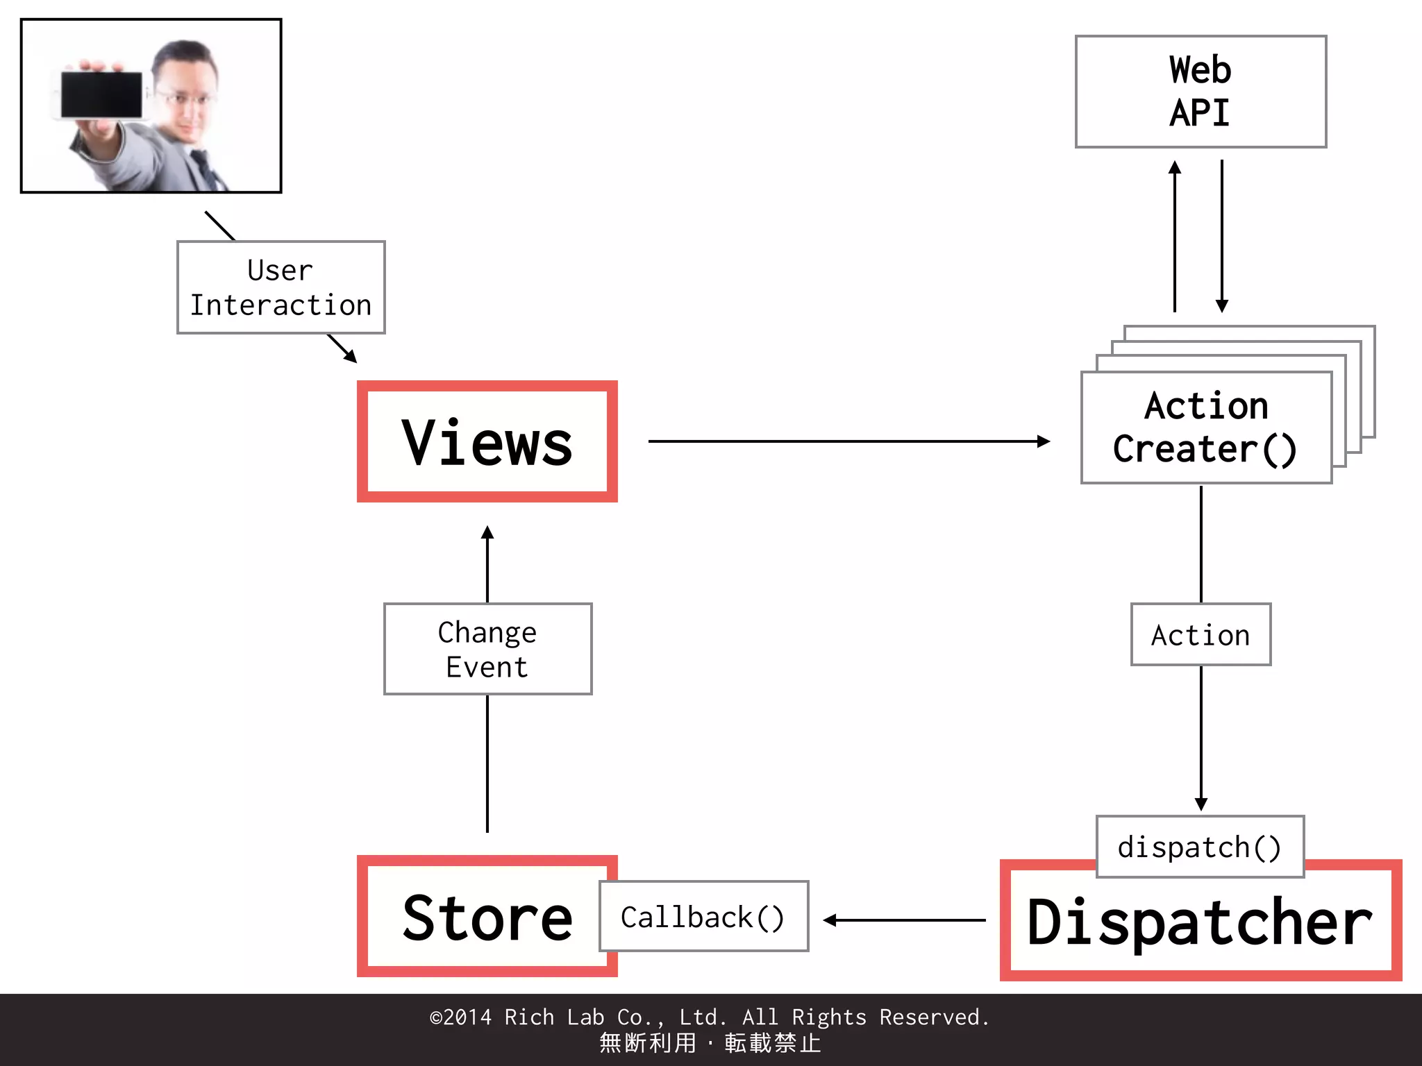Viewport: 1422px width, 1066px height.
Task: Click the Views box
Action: click(x=487, y=441)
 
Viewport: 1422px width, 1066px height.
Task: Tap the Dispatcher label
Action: click(x=1200, y=923)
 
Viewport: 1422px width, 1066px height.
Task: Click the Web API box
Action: click(x=1201, y=92)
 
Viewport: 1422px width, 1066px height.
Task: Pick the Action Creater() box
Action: click(x=1206, y=428)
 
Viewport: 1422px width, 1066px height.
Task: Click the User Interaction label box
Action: click(x=281, y=287)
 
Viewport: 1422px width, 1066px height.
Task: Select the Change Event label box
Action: click(x=487, y=649)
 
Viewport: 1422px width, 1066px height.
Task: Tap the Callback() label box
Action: click(x=703, y=917)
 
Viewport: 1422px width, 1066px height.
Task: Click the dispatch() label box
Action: click(x=1200, y=847)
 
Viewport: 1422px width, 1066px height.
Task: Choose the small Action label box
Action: click(x=1201, y=635)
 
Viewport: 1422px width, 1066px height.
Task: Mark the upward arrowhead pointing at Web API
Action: click(x=1175, y=167)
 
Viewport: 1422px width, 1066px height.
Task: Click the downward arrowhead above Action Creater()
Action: click(x=1222, y=305)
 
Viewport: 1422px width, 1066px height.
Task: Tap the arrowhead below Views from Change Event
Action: click(x=487, y=533)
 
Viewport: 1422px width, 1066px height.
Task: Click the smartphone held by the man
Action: click(x=101, y=94)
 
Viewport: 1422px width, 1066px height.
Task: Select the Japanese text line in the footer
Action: click(x=710, y=1043)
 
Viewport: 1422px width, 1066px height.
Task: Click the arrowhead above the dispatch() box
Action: click(x=1201, y=804)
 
